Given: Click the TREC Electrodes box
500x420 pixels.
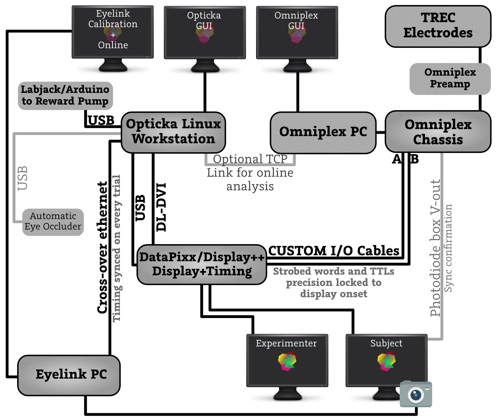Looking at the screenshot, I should coord(438,26).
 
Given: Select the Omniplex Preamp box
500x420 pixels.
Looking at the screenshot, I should coord(450,79).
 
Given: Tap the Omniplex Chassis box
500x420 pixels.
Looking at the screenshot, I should coord(438,132).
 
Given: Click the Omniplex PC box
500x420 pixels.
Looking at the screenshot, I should coord(323,132).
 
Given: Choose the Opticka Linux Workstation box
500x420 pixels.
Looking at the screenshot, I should coord(173,132).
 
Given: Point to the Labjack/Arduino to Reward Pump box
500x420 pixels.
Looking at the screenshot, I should coord(65,95).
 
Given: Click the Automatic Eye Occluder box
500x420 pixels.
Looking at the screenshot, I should coord(53,222).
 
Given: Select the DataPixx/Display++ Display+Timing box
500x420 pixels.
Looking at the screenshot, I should coord(202,264).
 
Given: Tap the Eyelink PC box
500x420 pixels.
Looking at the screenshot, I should coord(69,375).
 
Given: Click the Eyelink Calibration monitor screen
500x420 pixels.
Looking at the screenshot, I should coord(112,31).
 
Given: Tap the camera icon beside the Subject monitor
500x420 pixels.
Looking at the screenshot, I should coord(416,394).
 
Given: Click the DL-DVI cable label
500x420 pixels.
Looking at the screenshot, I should coord(161,207).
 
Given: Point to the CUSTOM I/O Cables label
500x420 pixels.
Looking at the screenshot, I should coord(334,251).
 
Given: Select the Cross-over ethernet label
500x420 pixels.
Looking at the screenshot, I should coord(103,247).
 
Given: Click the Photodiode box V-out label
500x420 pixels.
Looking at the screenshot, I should coord(435,248).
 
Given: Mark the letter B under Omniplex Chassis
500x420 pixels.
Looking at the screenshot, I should coord(414,159).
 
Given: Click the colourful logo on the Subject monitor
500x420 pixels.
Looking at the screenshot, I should coord(386,361).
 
